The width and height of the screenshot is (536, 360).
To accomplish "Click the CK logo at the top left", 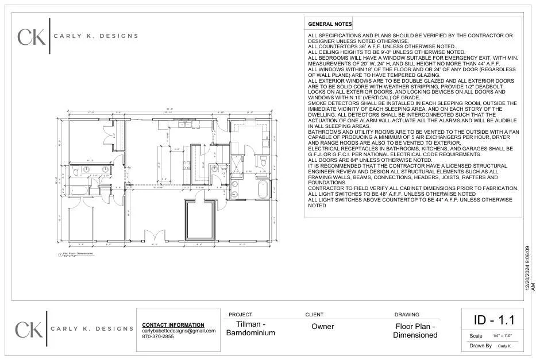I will click(32, 37).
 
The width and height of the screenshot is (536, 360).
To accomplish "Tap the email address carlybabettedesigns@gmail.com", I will click(179, 331).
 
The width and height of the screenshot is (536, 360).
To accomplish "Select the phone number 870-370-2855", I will click(158, 336).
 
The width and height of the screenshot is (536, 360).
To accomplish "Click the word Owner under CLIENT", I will click(322, 327).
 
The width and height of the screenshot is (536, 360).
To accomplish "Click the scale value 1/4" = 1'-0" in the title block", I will click(502, 336).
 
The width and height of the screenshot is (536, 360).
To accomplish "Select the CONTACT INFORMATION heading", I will click(173, 325).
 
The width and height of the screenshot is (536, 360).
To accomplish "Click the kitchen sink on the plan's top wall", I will click(185, 123).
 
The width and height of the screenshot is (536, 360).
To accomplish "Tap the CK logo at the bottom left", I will click(29, 330).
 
